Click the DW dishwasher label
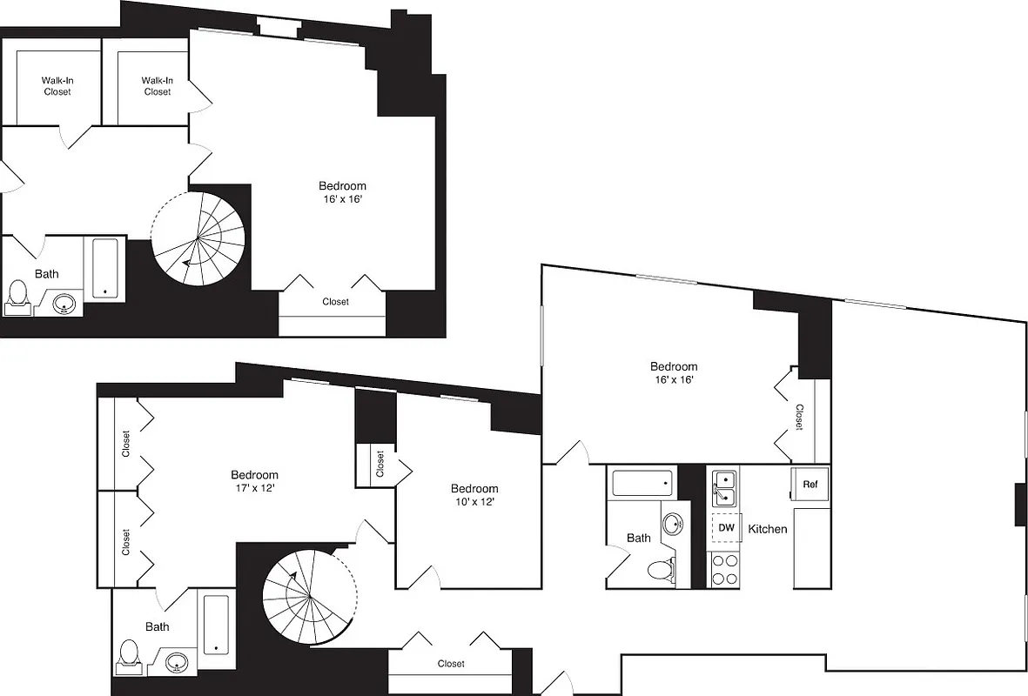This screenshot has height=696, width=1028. [726, 528]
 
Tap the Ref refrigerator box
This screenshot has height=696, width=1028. [810, 484]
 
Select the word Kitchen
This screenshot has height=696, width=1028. [768, 529]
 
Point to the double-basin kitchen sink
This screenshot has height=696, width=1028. [724, 488]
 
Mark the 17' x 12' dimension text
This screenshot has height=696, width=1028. [254, 488]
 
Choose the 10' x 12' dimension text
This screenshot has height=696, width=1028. [474, 502]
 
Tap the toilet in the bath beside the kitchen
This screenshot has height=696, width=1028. [661, 571]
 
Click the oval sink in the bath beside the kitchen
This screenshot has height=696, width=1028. [672, 524]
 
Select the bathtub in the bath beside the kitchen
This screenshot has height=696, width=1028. [642, 483]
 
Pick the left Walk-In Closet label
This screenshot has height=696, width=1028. [57, 86]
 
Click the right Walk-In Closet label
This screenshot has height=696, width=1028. [158, 86]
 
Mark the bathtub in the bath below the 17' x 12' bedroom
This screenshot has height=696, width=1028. [215, 625]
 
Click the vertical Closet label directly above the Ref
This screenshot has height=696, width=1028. [798, 416]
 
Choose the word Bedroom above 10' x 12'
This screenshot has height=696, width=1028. [474, 488]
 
